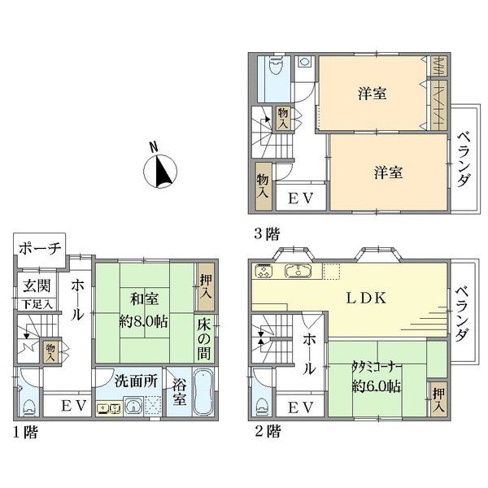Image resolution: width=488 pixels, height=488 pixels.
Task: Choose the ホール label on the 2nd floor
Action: pyautogui.click(x=308, y=356)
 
